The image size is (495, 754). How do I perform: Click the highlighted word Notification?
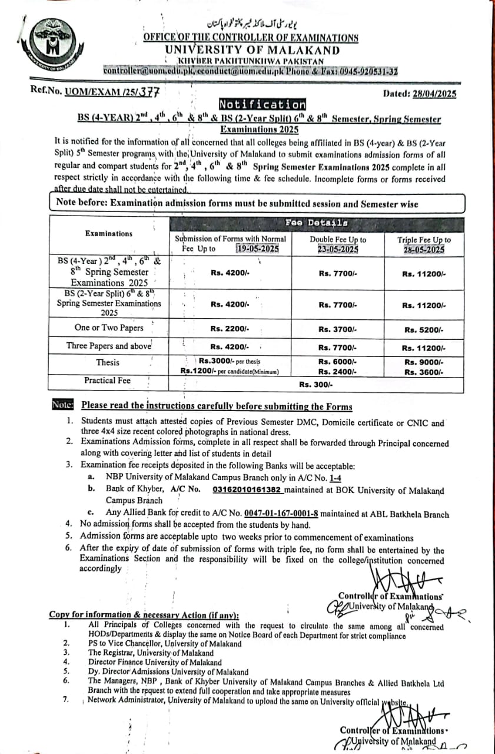[263, 105]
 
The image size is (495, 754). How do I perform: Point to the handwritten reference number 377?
[150, 92]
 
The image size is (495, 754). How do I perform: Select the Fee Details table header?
[316, 223]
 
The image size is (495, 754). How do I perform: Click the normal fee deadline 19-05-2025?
[256, 249]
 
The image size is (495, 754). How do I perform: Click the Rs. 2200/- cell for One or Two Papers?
[230, 328]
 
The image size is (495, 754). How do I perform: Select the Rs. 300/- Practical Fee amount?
[315, 384]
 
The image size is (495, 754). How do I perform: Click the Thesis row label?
[108, 362]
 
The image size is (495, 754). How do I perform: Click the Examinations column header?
[109, 233]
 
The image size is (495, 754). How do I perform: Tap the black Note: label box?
[62, 405]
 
